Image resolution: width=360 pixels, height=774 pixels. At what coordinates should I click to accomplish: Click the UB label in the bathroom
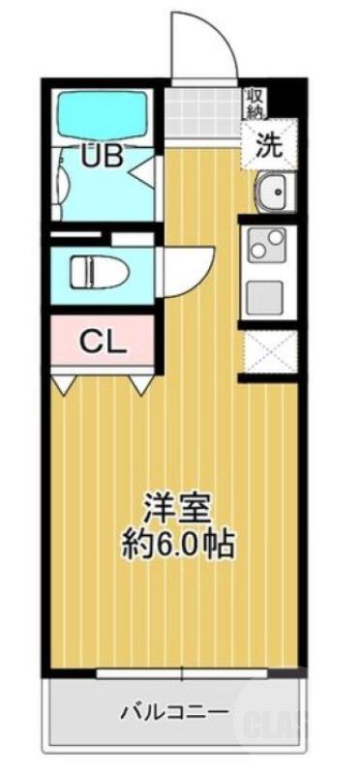[102, 157]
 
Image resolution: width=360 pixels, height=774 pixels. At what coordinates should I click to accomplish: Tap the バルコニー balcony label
[174, 714]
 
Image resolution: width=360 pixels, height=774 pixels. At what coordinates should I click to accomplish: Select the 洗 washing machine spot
[270, 145]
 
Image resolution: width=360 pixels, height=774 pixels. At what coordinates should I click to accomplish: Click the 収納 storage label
[255, 103]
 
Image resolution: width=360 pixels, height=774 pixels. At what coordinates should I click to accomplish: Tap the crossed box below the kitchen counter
[271, 351]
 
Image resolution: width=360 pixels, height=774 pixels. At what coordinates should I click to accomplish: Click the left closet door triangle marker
[62, 387]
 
